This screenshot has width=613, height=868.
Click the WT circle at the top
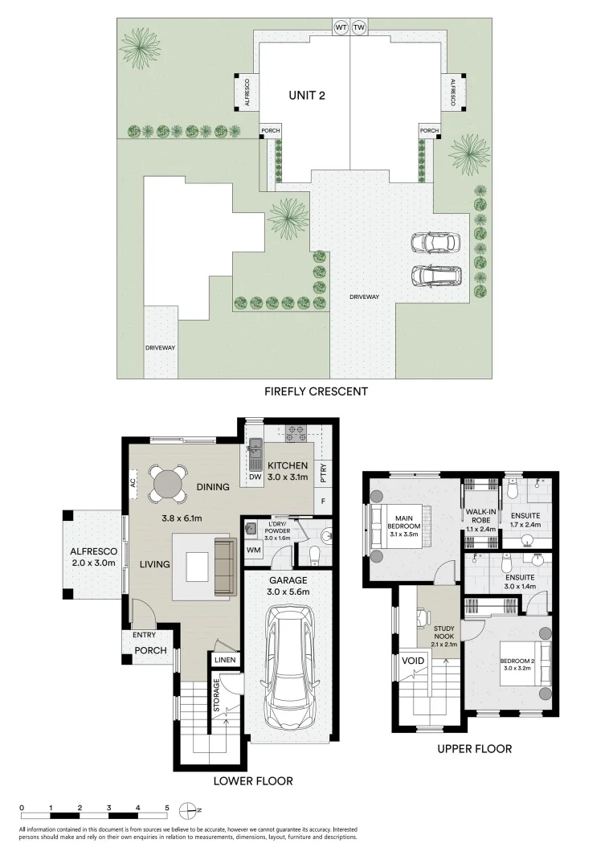click(x=341, y=27)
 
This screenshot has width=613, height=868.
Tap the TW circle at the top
click(x=359, y=27)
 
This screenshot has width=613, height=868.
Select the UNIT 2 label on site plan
click(x=306, y=95)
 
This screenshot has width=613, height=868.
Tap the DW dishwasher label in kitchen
click(x=256, y=478)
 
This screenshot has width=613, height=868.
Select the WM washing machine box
click(x=254, y=550)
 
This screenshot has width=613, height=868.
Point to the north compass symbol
click(x=188, y=809)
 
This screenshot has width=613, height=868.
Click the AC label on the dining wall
click(x=132, y=484)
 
